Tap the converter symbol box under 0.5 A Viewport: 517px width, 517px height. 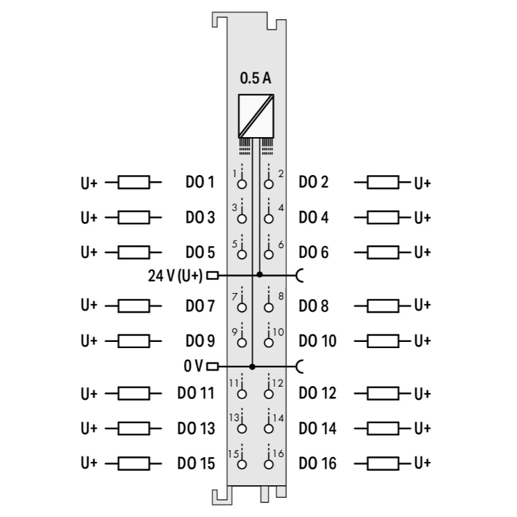255,115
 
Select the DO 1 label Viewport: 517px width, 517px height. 200,183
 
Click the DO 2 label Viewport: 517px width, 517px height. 314,183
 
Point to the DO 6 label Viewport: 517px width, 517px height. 314,252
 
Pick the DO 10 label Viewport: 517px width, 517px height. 318,341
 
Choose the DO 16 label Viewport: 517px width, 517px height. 318,463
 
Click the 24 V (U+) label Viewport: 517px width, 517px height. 176,276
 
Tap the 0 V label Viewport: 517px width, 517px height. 194,366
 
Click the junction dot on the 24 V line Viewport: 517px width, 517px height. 259,274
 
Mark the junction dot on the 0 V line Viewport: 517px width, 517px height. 252,366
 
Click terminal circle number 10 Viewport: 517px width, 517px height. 268,341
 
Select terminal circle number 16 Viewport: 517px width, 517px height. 268,463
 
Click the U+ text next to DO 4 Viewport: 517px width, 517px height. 422,218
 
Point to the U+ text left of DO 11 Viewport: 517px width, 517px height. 89,394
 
